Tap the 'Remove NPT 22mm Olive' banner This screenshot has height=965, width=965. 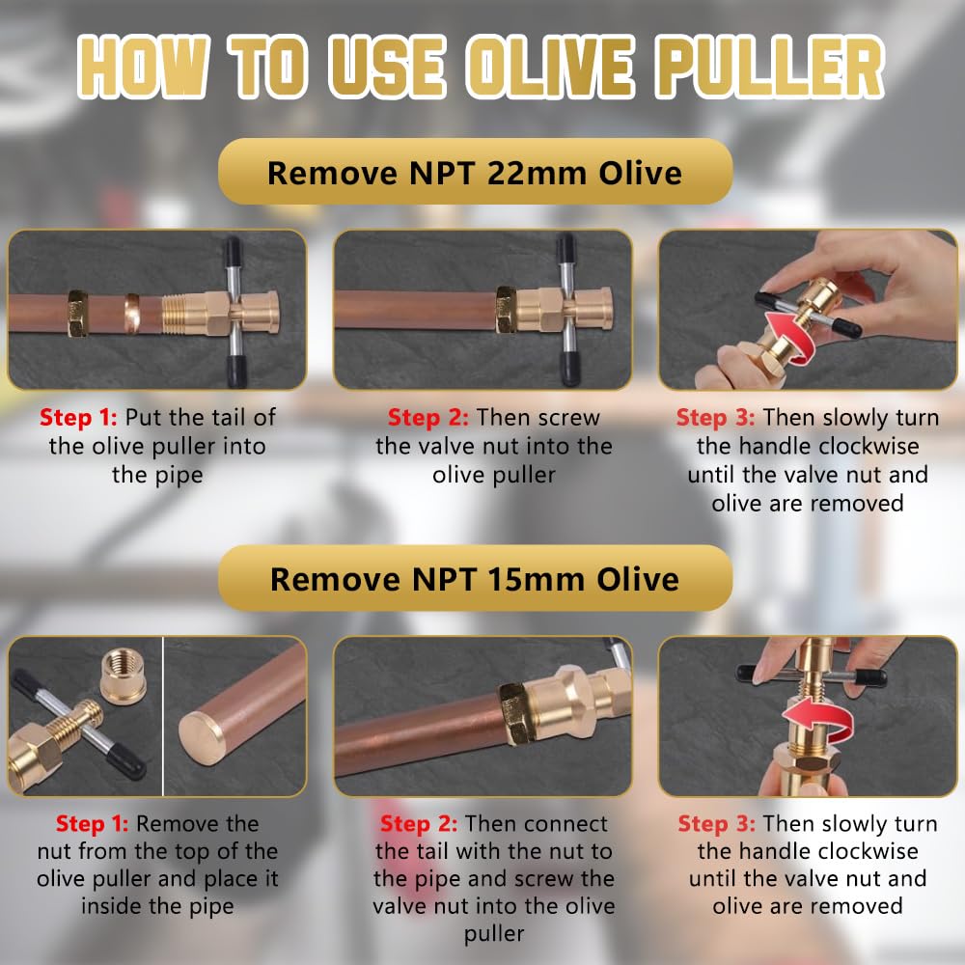(x=475, y=172)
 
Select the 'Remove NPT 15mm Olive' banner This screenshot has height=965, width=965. (x=475, y=578)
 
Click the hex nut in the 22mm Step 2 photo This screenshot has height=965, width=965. (x=510, y=311)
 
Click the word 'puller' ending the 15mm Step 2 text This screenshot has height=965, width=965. (x=493, y=934)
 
